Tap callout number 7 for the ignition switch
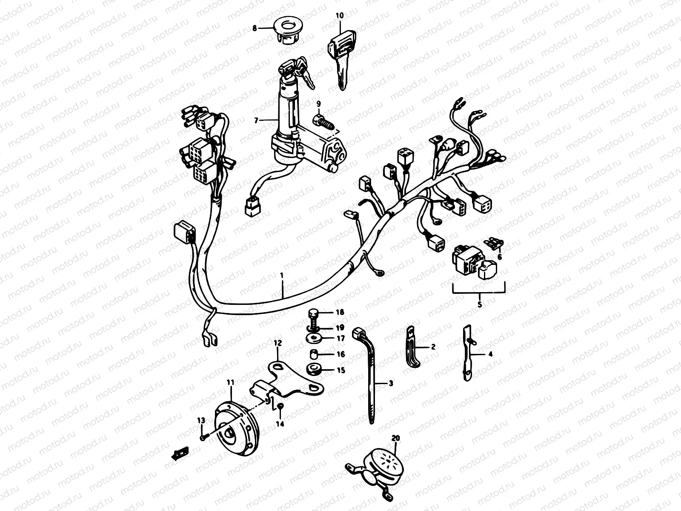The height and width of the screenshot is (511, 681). point(256,121)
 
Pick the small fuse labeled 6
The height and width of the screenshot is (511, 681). point(494,244)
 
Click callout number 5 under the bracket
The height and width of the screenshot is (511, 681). point(480,304)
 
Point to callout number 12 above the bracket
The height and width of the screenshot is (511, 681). point(278,343)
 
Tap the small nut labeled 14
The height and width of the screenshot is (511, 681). point(280,408)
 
